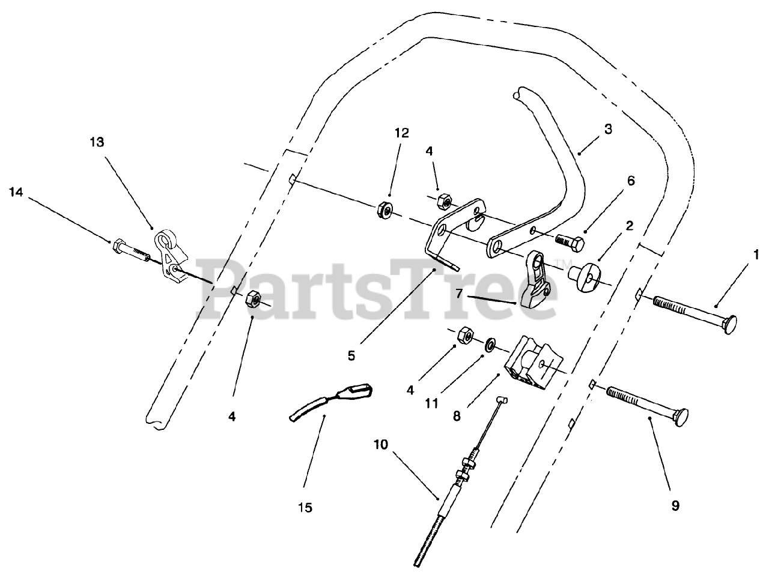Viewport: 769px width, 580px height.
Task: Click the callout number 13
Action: click(97, 142)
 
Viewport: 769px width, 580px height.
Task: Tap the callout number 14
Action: click(17, 192)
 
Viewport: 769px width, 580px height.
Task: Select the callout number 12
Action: click(402, 132)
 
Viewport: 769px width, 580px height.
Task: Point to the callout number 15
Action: click(305, 508)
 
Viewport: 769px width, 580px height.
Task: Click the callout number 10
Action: click(381, 445)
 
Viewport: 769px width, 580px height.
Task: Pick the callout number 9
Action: click(675, 506)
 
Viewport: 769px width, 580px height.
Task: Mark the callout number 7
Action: click(458, 293)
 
